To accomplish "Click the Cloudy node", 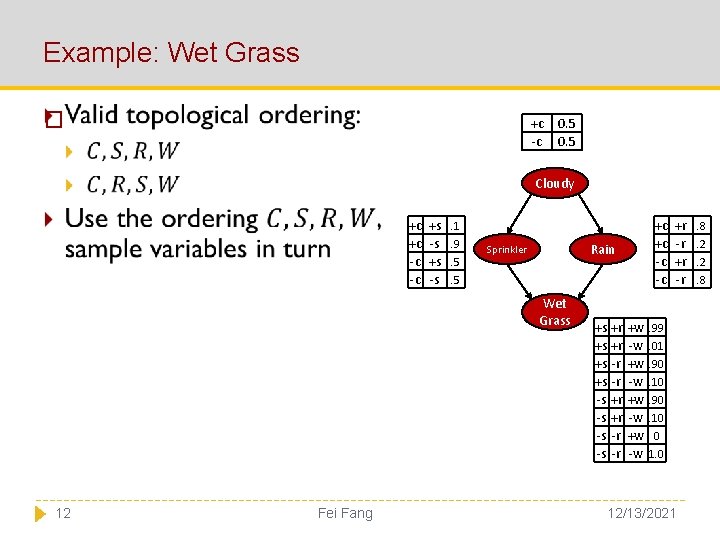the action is pyautogui.click(x=554, y=184).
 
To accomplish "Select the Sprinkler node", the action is pyautogui.click(x=506, y=249).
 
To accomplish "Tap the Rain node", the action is pyautogui.click(x=602, y=249).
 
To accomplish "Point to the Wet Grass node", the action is pyautogui.click(x=554, y=311).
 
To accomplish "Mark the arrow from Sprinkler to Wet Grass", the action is pyautogui.click(x=527, y=281).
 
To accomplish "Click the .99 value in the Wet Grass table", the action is pyautogui.click(x=656, y=328).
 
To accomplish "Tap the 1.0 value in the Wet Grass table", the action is pyautogui.click(x=656, y=454).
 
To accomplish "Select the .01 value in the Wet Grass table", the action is pyautogui.click(x=656, y=346).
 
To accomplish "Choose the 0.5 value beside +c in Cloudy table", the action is pyautogui.click(x=566, y=124).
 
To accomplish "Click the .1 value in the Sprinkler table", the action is pyautogui.click(x=454, y=226).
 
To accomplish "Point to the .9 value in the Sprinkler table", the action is pyautogui.click(x=454, y=244).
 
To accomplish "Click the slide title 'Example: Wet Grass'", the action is pyautogui.click(x=171, y=52).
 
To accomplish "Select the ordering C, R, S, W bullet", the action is pyautogui.click(x=133, y=185).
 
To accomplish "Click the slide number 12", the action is pyautogui.click(x=63, y=513).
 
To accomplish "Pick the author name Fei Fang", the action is pyautogui.click(x=344, y=513).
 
